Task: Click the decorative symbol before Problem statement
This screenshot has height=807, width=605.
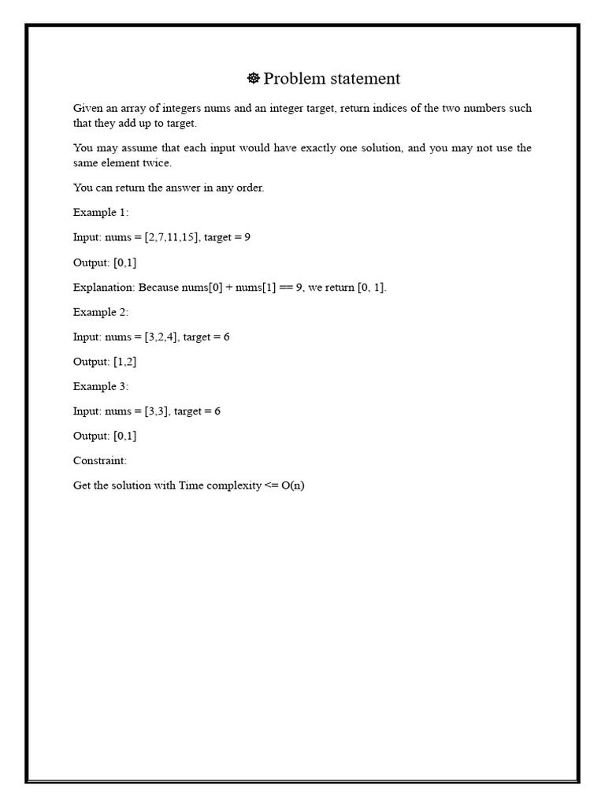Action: [x=254, y=78]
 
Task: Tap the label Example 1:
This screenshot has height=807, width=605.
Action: [x=101, y=212]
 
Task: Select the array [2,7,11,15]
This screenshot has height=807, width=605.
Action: [x=171, y=237]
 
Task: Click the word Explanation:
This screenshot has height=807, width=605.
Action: [x=105, y=287]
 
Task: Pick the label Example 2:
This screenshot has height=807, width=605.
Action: [x=101, y=312]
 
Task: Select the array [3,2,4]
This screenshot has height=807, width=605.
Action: [x=161, y=337]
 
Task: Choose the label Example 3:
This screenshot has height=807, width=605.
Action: [x=101, y=386]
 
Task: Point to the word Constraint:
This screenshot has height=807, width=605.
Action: [x=100, y=460]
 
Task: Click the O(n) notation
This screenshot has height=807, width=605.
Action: [x=292, y=485]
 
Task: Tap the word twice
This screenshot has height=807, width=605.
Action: [x=158, y=163]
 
